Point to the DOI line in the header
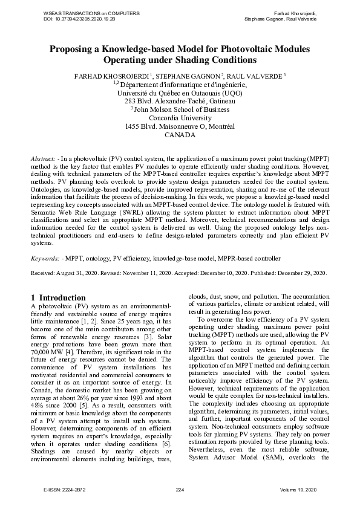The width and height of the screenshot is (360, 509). [79, 19]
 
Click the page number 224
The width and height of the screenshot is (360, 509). [179, 489]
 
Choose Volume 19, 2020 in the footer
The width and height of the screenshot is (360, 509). [298, 489]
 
